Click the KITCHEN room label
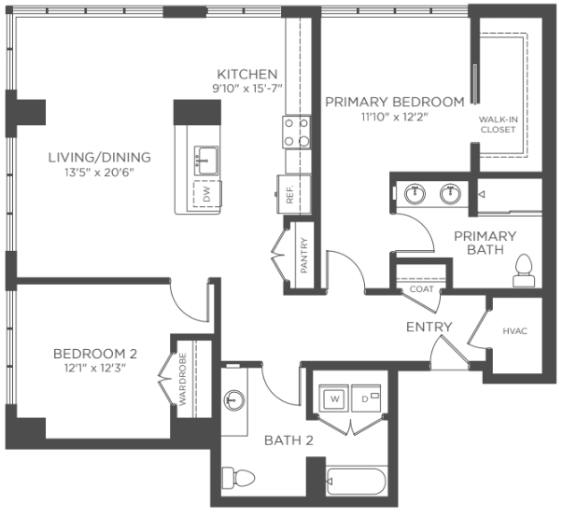click(247, 75)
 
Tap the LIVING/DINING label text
click(100, 158)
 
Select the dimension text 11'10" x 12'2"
click(395, 118)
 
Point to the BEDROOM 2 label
click(95, 354)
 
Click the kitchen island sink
click(206, 161)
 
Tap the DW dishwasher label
click(207, 194)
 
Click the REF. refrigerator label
click(289, 194)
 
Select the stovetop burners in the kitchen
click(296, 132)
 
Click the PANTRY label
click(303, 255)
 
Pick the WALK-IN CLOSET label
click(498, 124)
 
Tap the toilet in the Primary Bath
click(524, 271)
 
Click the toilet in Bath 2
click(238, 478)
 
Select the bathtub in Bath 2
click(356, 482)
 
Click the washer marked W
click(334, 398)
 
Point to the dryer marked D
click(366, 398)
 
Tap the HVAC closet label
click(514, 330)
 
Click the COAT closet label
click(421, 288)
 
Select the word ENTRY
click(429, 327)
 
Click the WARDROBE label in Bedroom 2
click(183, 380)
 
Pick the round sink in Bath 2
click(234, 400)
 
